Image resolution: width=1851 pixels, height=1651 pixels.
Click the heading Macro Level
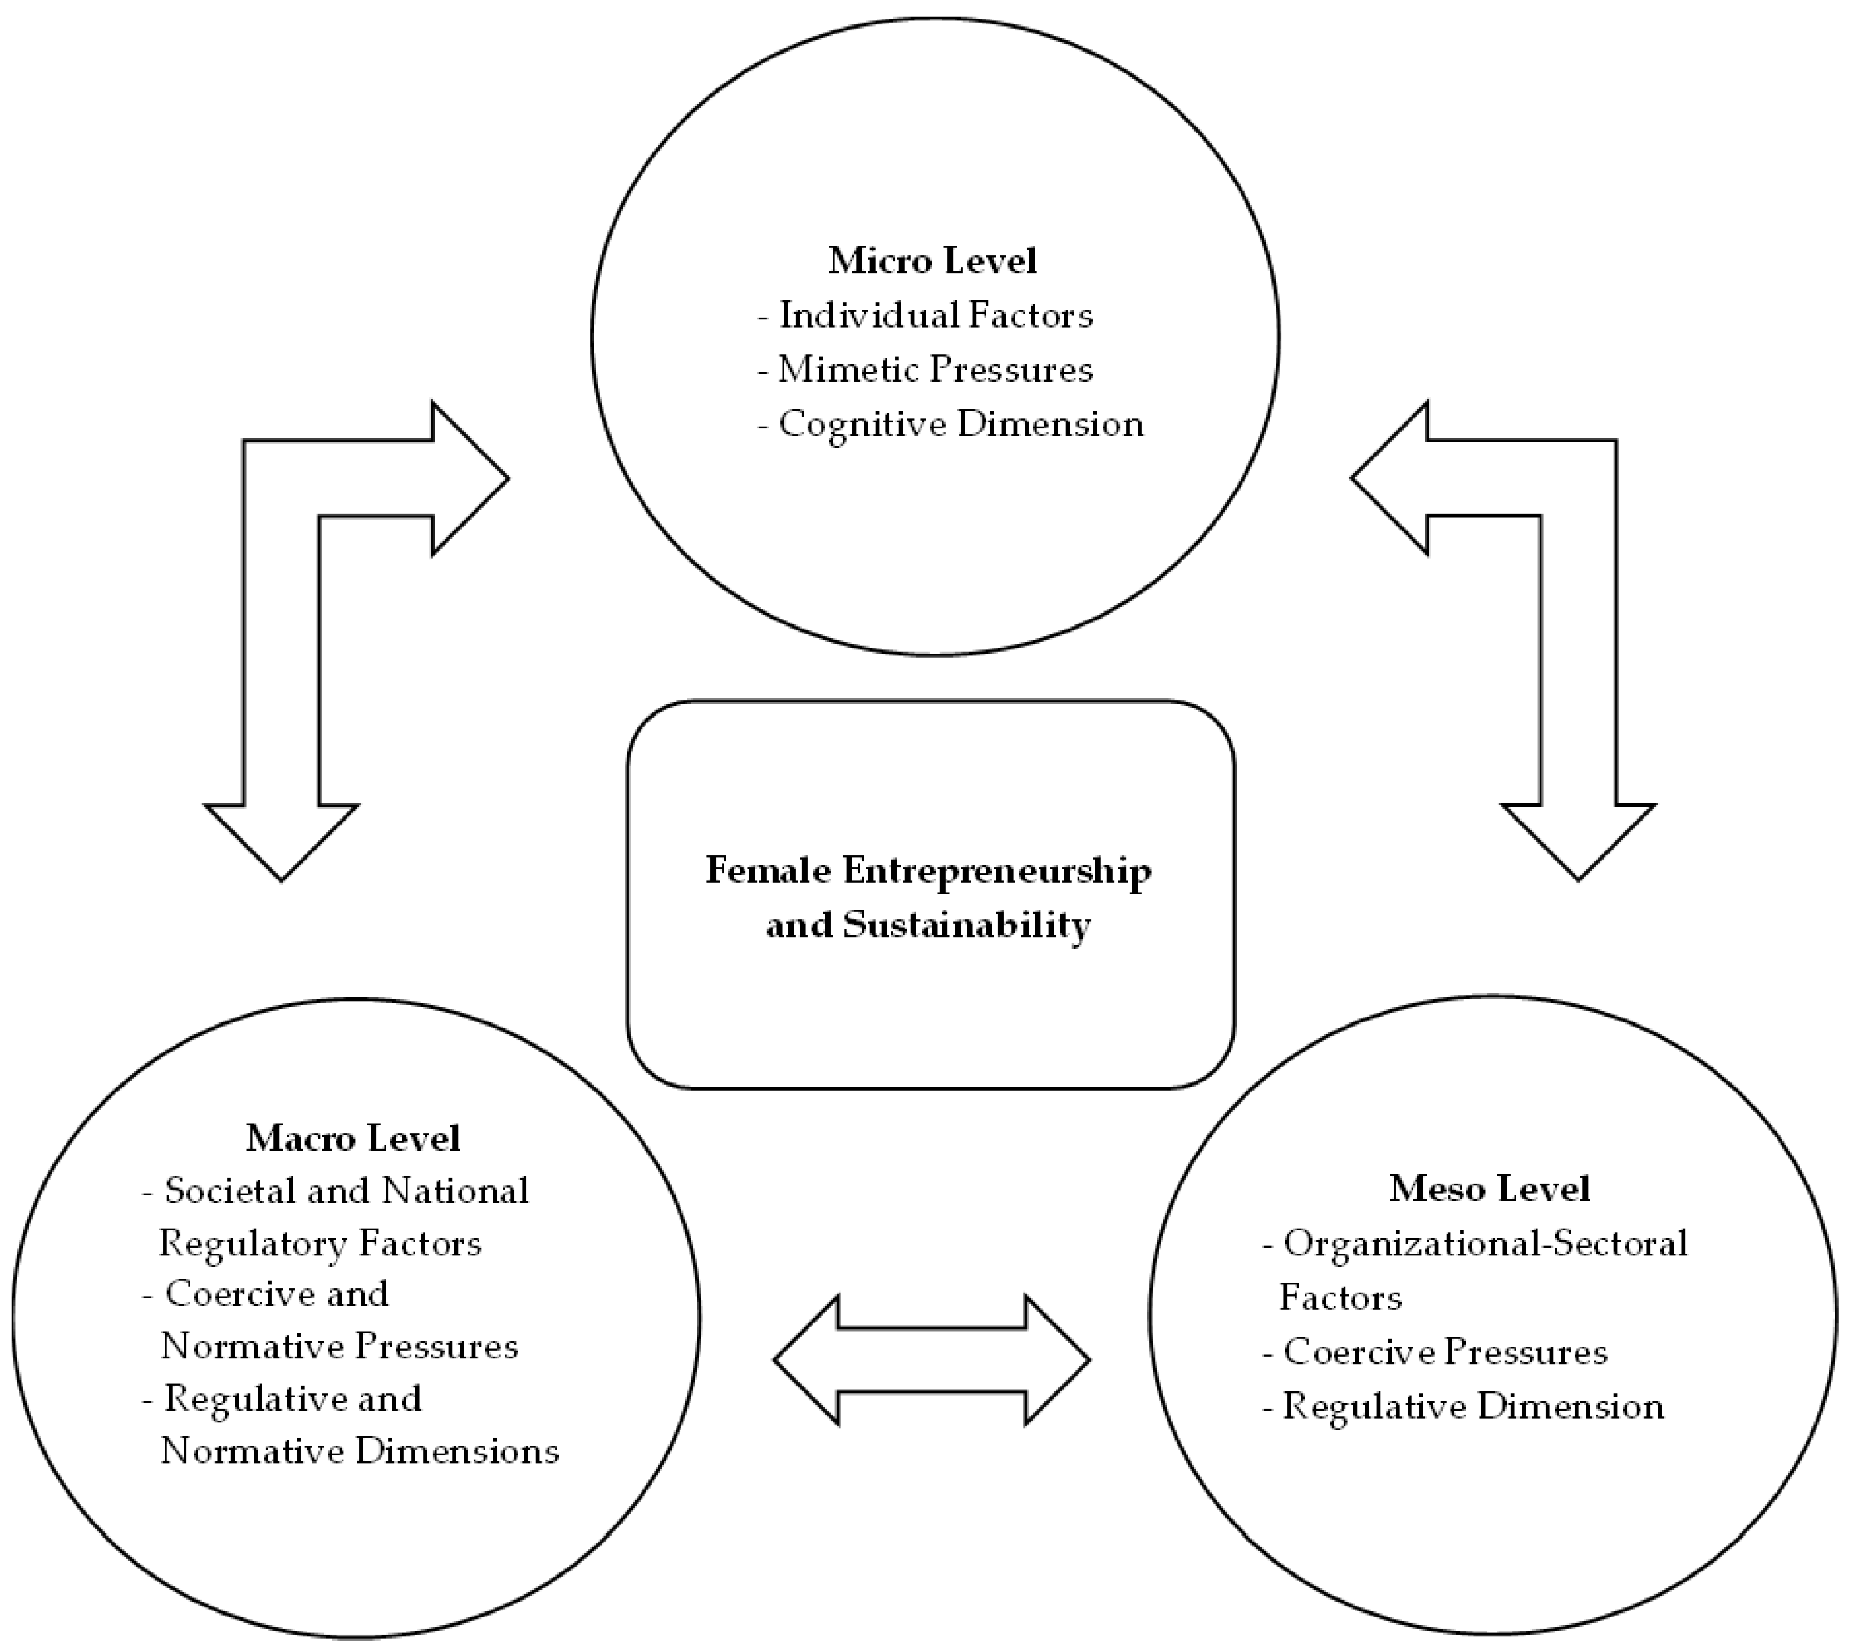353,1138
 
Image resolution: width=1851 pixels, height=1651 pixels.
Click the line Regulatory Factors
320,1244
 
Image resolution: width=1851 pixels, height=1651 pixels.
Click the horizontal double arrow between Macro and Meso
932,1359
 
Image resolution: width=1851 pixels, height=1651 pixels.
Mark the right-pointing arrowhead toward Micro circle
467,479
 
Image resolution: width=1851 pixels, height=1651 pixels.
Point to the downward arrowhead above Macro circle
281,839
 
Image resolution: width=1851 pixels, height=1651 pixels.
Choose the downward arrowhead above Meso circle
1578,839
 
